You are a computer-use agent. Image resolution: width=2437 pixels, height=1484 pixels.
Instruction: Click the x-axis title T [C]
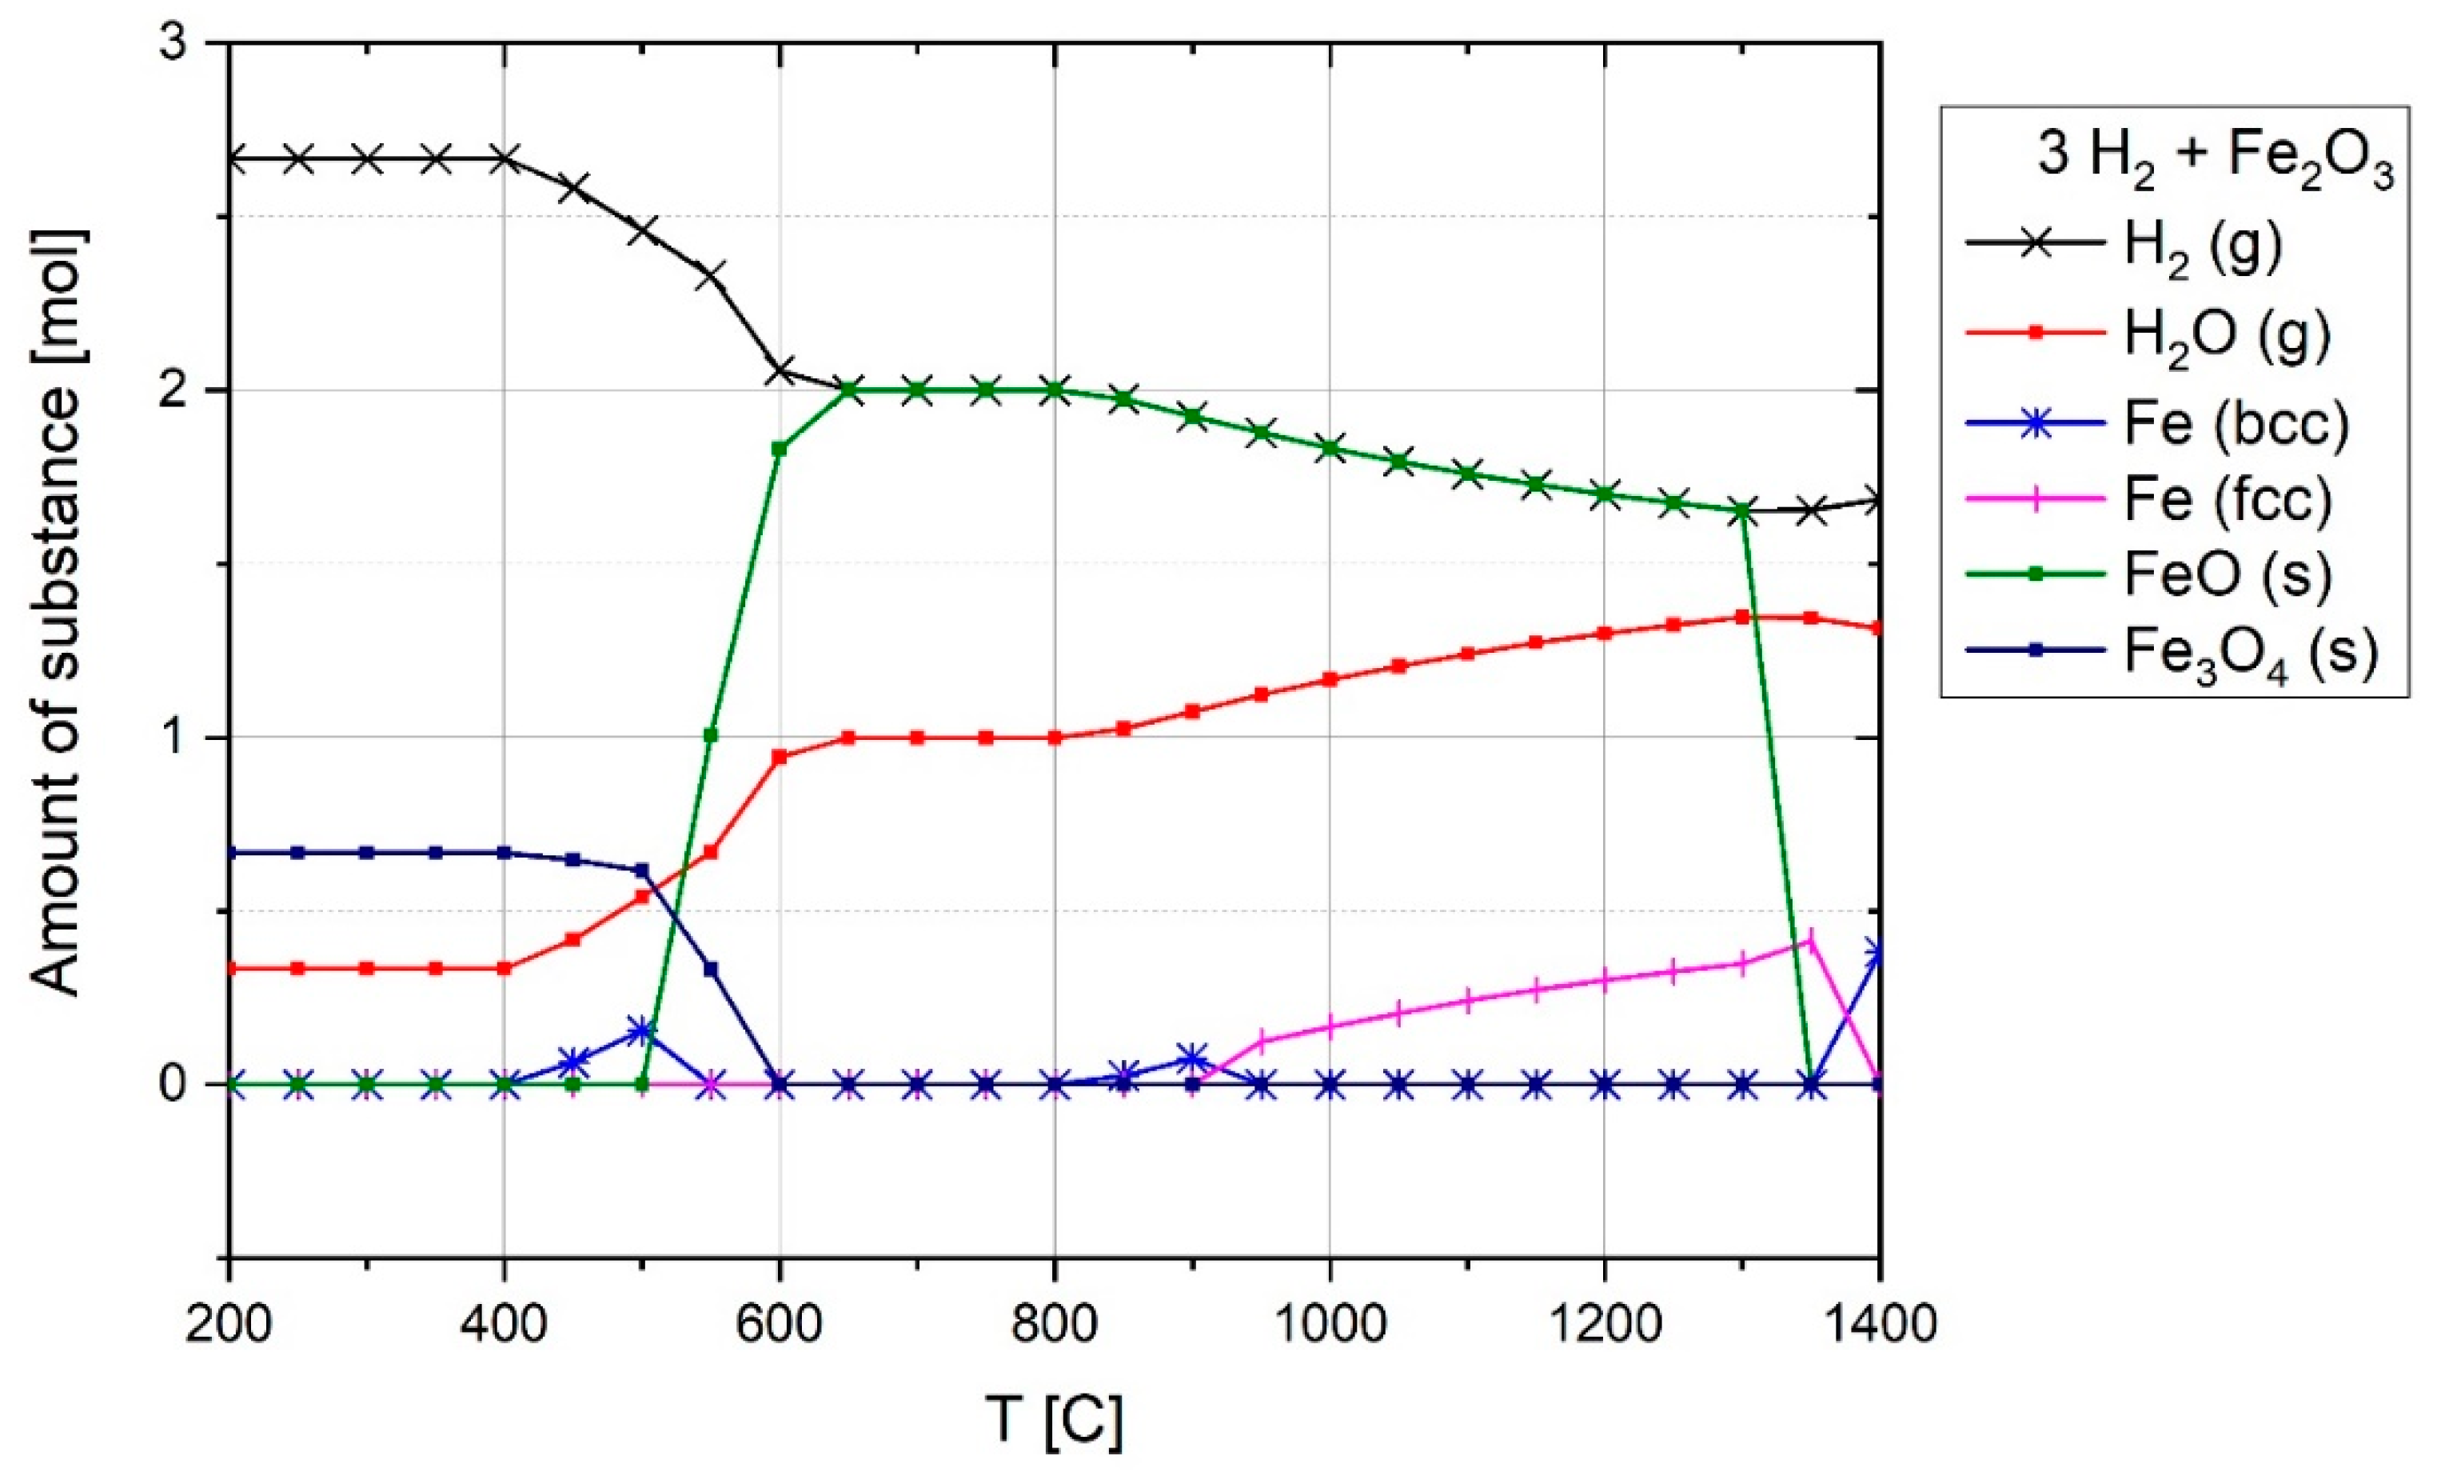click(x=1055, y=1420)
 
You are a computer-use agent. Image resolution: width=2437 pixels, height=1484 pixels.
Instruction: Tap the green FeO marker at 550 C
click(x=710, y=735)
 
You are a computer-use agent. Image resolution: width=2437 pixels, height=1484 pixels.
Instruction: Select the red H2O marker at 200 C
click(x=229, y=967)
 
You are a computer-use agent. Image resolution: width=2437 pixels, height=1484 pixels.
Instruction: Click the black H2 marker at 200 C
click(x=229, y=158)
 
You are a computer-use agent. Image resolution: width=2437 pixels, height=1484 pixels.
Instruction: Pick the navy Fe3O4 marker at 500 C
click(x=641, y=870)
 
